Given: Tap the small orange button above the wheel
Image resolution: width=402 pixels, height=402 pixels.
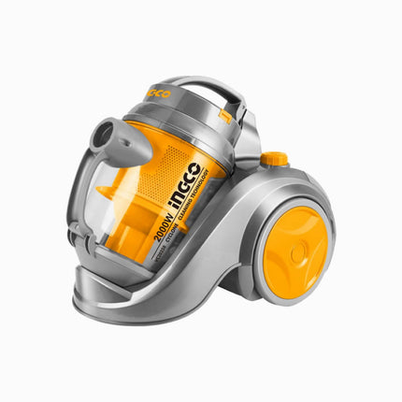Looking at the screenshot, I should pos(274,160).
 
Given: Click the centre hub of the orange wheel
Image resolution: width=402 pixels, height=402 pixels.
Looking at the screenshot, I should pos(298,252).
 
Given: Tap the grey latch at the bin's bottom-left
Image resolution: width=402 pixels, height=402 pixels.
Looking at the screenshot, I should pos(85,246).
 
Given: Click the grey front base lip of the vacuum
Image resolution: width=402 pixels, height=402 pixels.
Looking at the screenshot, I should pos(122,304).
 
